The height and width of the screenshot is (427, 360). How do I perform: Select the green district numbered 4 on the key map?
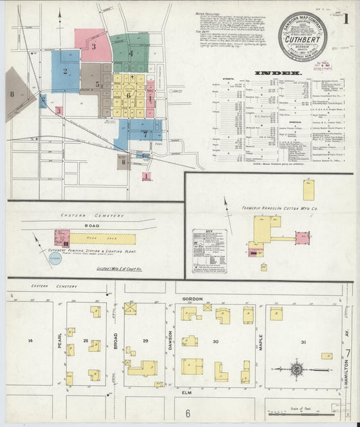[131, 53]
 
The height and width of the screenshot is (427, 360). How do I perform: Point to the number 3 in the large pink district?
[94, 47]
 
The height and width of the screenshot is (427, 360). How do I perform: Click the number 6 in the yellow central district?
[128, 95]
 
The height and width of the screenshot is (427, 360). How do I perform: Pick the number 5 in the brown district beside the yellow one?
[98, 84]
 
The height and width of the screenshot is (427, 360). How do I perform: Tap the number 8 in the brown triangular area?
[11, 93]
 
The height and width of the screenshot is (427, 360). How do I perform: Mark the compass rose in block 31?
[297, 370]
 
